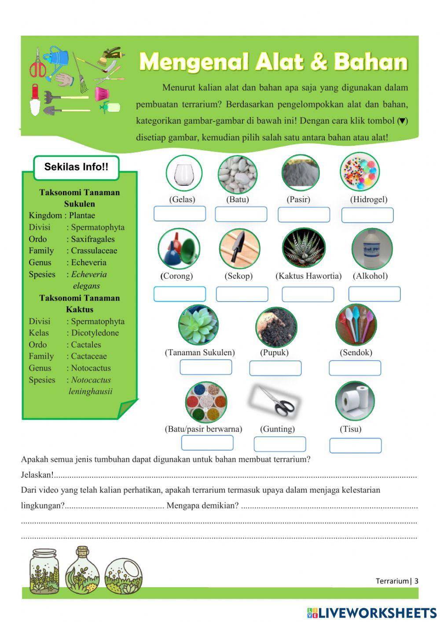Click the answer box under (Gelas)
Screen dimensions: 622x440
(180, 214)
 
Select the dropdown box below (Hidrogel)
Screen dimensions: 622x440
(367, 215)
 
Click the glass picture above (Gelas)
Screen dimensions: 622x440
(184, 173)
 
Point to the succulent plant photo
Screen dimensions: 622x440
(198, 325)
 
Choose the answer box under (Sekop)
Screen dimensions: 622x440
(242, 294)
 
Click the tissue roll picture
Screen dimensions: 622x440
(355, 401)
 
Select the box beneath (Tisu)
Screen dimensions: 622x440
(356, 445)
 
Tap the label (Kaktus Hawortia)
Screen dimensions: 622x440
(308, 276)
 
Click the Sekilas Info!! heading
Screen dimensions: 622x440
(76, 167)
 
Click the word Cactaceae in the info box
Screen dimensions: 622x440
(89, 356)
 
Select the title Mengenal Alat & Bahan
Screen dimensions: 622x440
(273, 62)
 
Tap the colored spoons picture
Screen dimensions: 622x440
(356, 325)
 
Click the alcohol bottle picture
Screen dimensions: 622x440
(372, 249)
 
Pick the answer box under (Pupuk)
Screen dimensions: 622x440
(275, 368)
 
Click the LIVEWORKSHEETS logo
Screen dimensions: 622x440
(372, 612)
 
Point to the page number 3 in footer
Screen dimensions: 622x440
(416, 581)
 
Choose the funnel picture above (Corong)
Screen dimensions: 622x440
(179, 249)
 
